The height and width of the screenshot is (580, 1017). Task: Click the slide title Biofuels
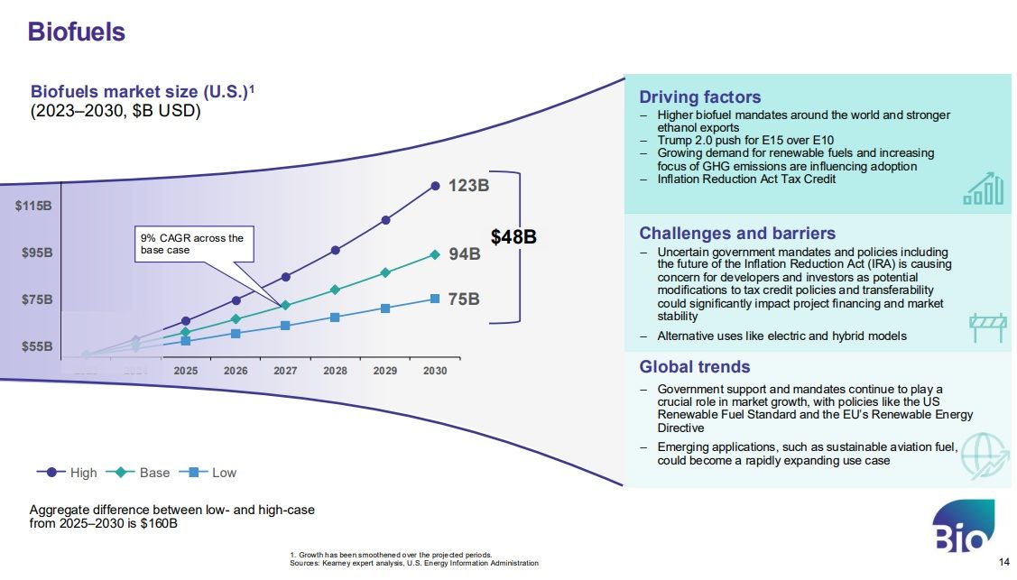76,32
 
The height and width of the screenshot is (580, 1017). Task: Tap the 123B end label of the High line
468,186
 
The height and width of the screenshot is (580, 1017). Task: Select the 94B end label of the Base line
465,254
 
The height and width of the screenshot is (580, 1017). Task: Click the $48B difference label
513,237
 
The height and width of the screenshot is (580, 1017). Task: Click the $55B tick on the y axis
36,346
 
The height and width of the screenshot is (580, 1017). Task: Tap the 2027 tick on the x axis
285,371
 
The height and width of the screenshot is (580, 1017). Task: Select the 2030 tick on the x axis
434,371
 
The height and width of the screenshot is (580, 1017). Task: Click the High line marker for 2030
435,186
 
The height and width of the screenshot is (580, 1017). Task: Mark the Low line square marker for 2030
435,299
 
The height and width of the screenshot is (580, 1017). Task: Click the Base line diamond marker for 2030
435,254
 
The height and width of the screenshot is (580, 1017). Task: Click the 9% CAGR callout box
194,244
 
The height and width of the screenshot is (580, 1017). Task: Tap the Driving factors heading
699,97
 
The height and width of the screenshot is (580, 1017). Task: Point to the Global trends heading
694,367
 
